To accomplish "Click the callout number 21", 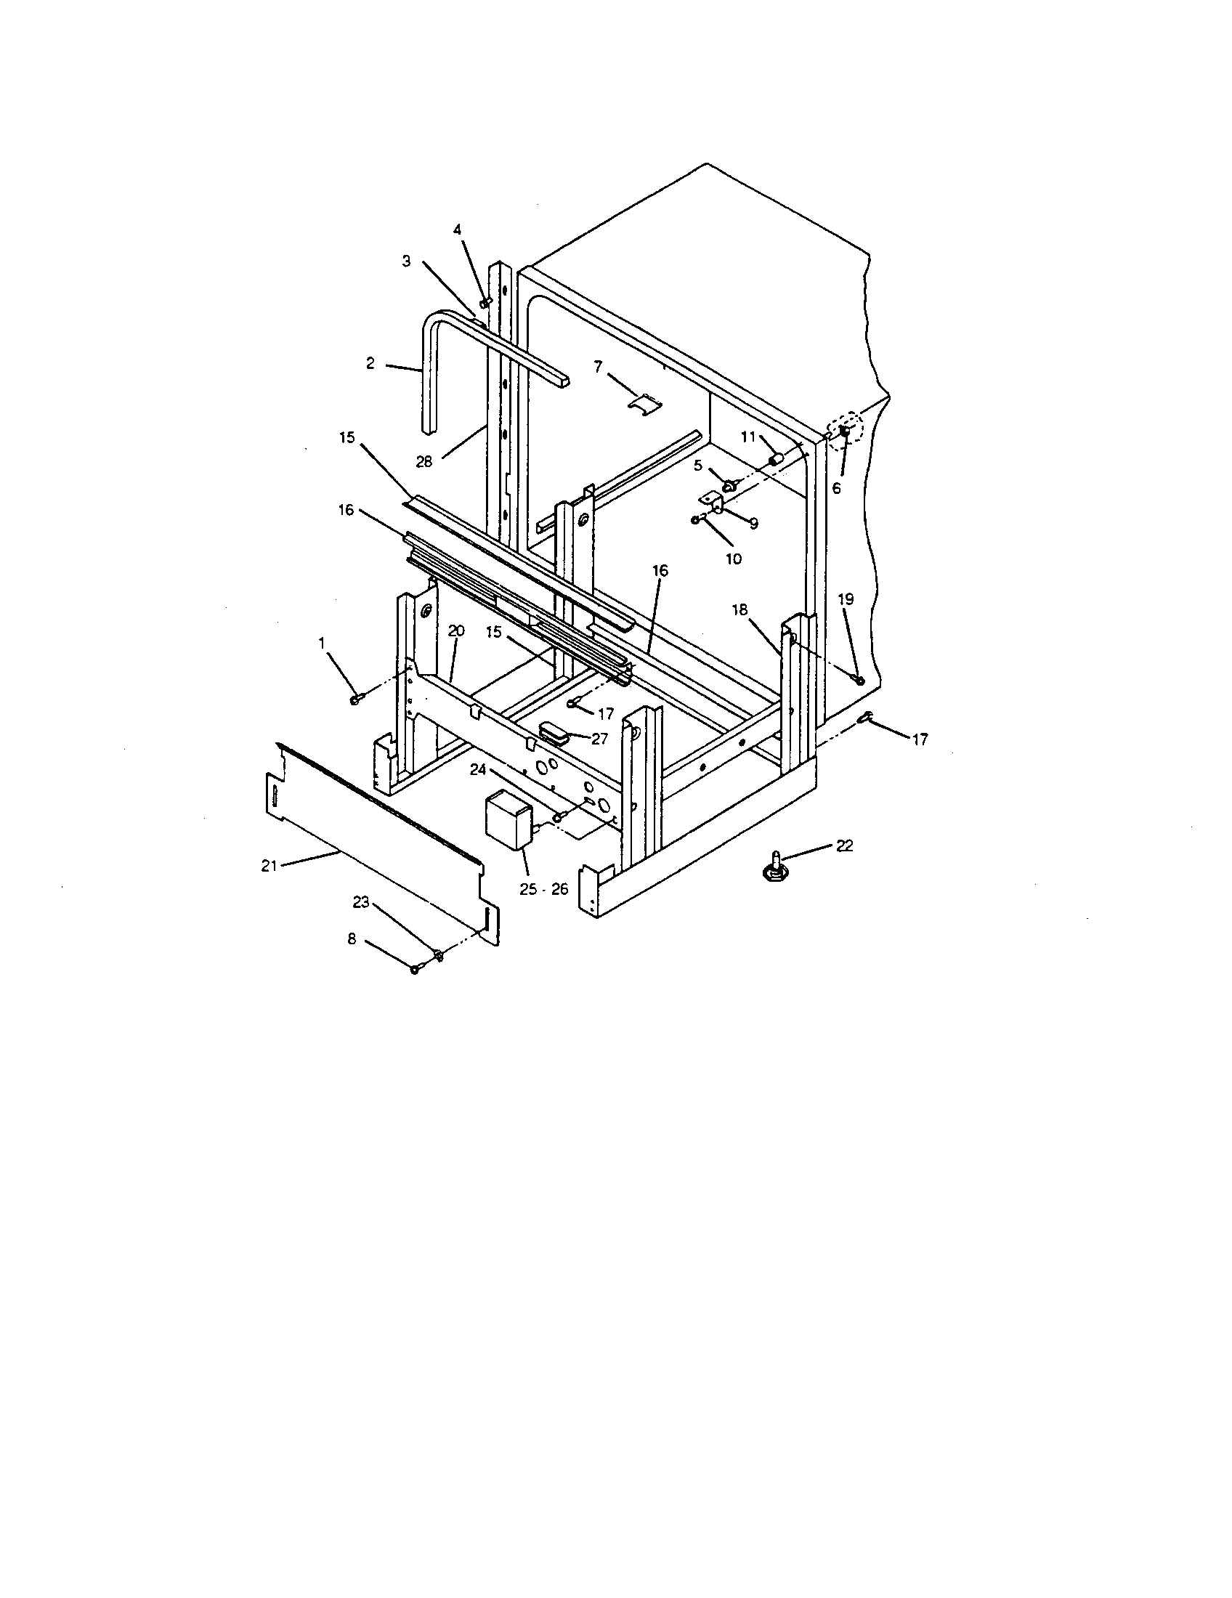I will pos(269,865).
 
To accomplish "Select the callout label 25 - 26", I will pos(543,890).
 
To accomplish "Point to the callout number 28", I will pos(424,462).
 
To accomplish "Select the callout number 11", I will pos(747,437).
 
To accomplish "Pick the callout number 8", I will pos(352,938).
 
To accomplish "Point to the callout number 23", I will pos(361,902).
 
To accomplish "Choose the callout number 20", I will pos(456,630).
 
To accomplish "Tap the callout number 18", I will pos(739,609).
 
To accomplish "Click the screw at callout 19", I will pos(859,681).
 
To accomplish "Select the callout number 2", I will pos(370,363).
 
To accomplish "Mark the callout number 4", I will pos(457,230).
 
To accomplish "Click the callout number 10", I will pos(733,559).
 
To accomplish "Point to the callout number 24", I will pos(478,769).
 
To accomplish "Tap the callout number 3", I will pos(407,261).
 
